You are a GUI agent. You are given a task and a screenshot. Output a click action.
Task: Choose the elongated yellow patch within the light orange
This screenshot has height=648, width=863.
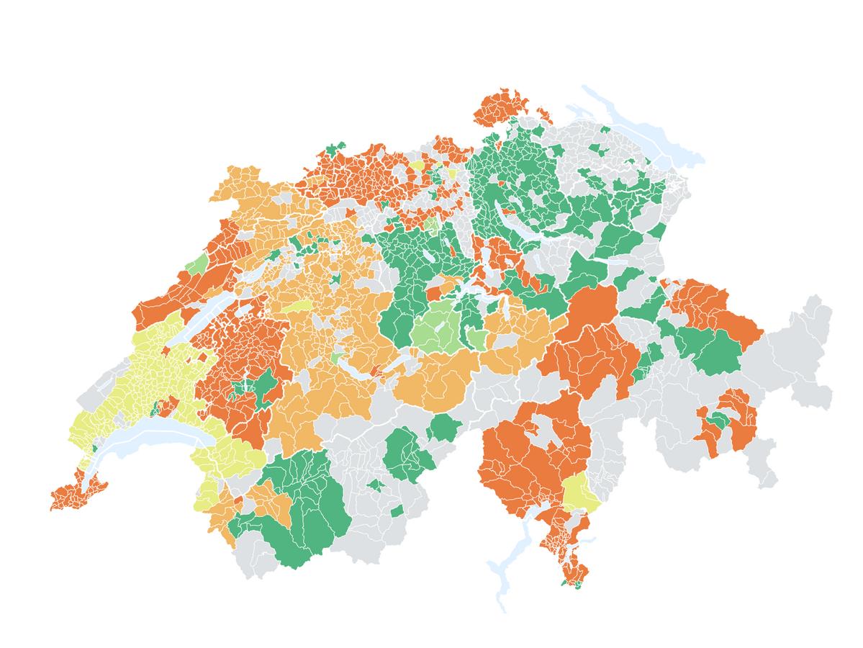pos(295,307)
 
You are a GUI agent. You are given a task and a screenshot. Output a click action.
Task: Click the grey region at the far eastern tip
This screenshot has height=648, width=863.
pos(813,317)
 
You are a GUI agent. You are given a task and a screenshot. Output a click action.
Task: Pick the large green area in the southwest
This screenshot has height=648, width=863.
pos(302,504)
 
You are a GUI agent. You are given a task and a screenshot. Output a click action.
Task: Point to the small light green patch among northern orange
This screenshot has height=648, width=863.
pos(432,224)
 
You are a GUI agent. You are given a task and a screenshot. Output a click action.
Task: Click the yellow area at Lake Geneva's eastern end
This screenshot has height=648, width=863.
pos(230,454)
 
